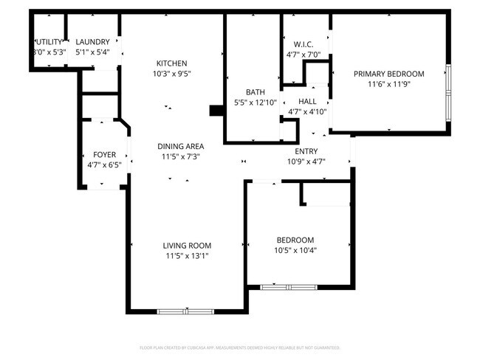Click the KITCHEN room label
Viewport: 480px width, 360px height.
(171, 63)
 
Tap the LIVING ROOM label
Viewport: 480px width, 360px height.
(187, 246)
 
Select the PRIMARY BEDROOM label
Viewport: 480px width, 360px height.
(388, 73)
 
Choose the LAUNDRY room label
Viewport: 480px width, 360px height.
(93, 42)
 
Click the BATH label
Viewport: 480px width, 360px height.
(245, 92)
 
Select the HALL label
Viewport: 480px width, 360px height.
(307, 101)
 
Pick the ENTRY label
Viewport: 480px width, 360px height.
(306, 151)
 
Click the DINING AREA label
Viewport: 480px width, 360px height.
(182, 146)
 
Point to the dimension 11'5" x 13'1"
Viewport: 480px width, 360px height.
(187, 256)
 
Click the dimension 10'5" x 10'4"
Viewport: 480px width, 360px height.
(295, 250)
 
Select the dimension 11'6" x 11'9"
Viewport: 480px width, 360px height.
(388, 83)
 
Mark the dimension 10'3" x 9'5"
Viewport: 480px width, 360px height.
(171, 73)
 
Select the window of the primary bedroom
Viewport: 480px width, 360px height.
(448, 94)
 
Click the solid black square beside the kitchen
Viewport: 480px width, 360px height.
(216, 111)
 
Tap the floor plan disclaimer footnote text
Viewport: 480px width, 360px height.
(239, 347)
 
